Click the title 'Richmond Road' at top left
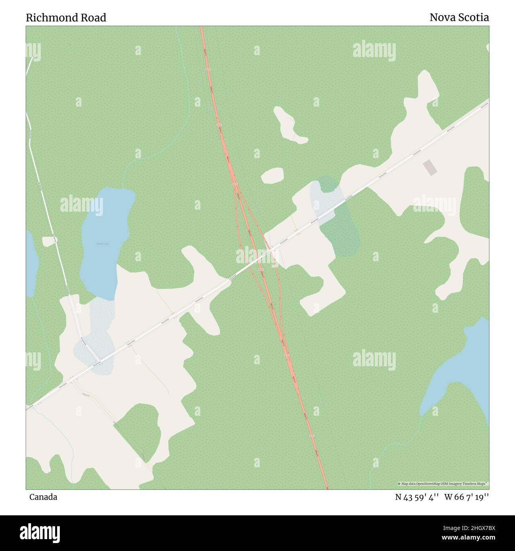[x=66, y=18]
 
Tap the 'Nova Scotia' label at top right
[x=459, y=17]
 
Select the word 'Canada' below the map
[x=43, y=497]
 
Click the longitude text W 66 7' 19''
[x=466, y=497]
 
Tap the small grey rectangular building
[x=430, y=167]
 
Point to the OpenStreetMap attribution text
[x=443, y=484]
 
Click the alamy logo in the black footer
[x=40, y=532]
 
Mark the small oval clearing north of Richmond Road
[x=273, y=175]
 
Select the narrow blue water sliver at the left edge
[x=31, y=262]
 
